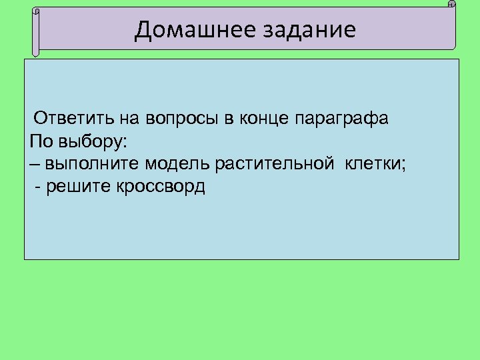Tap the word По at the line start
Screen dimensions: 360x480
[39, 142]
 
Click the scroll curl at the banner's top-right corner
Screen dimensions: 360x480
[451, 5]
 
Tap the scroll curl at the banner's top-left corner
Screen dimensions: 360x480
[36, 11]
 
